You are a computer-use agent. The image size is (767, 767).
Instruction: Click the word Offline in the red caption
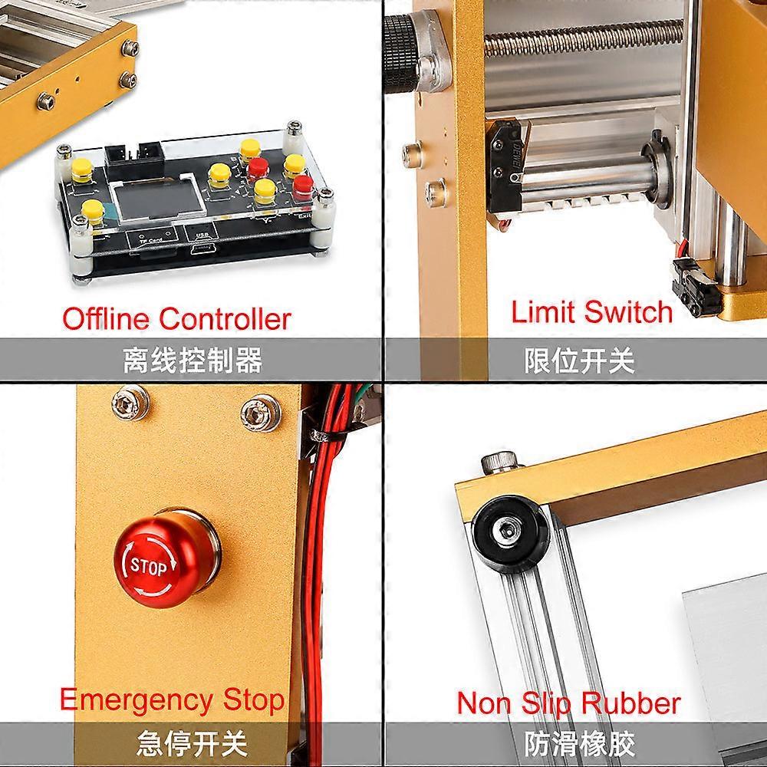pyautogui.click(x=107, y=318)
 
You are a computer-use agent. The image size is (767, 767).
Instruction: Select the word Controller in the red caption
pyautogui.click(x=225, y=318)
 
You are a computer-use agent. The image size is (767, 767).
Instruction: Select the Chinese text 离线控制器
pyautogui.click(x=192, y=360)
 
